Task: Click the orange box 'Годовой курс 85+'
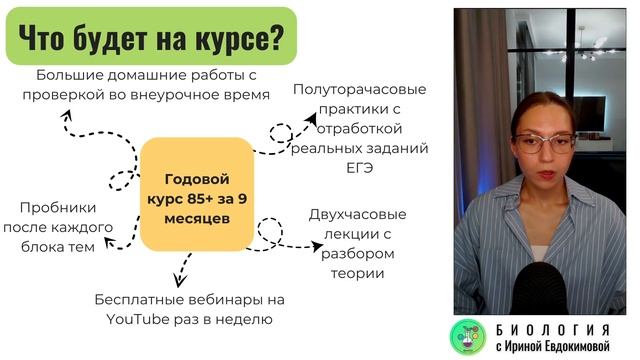195,195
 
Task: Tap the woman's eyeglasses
543,142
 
